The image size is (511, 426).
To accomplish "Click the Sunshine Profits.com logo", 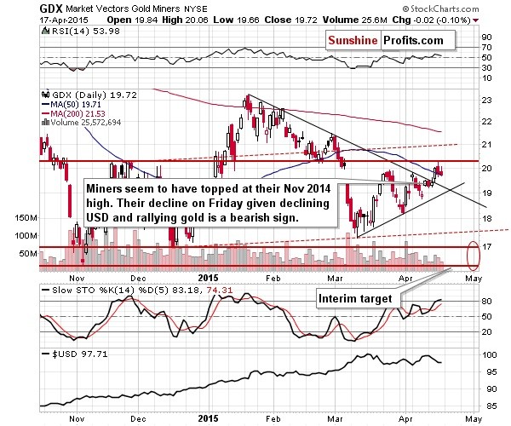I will [x=388, y=40].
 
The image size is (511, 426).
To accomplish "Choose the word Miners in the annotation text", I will [x=107, y=186].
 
